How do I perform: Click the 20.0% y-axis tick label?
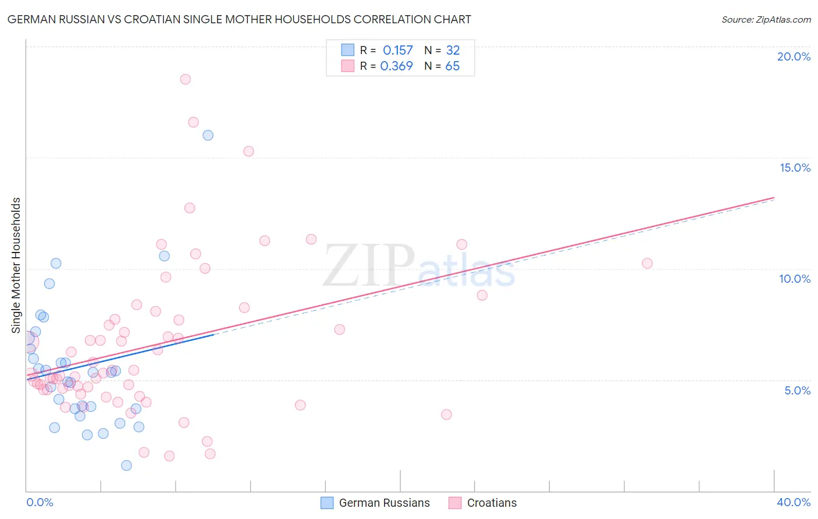pos(794,56)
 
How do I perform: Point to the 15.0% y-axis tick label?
pos(795,168)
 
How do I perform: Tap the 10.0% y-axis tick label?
pos(795,279)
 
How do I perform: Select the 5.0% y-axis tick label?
pos(797,390)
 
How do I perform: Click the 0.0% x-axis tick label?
pos(40,502)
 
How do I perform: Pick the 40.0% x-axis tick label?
pos(793,502)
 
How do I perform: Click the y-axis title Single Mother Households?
pos(16,265)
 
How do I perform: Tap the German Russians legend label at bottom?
pos(384,503)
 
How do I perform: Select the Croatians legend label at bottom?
pos(492,503)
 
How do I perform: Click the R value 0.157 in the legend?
pos(397,51)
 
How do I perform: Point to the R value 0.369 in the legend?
pos(396,66)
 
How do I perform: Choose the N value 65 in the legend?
pos(452,66)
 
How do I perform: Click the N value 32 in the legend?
pos(453,51)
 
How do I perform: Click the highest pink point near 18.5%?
pos(186,79)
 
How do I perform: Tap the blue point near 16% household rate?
pos(208,136)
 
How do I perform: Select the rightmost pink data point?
pos(647,263)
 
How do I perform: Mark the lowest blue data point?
pos(126,465)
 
